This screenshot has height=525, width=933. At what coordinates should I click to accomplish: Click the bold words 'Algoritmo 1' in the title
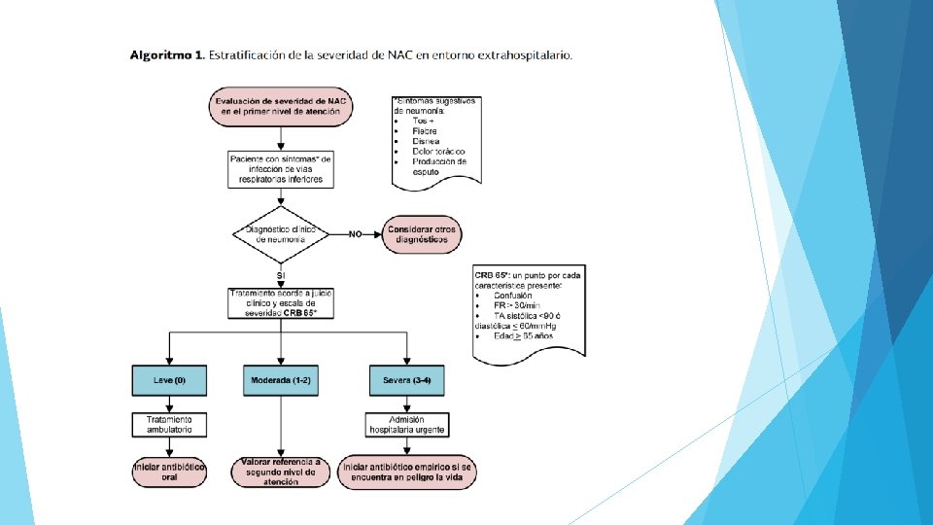tap(166, 54)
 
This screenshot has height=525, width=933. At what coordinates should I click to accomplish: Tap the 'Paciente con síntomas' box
tap(280, 168)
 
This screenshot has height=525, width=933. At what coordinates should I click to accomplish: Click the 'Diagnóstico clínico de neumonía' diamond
tap(280, 234)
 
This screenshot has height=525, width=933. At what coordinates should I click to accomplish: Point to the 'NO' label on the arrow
tap(355, 234)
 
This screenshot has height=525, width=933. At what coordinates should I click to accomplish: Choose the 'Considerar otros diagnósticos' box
tap(422, 234)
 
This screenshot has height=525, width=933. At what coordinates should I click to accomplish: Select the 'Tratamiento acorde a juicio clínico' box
tap(280, 303)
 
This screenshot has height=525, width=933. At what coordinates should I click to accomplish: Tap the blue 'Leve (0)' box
tap(169, 380)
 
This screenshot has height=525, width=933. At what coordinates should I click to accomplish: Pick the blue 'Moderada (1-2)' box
tap(280, 380)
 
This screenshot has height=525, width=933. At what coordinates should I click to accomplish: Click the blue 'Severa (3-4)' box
tap(406, 380)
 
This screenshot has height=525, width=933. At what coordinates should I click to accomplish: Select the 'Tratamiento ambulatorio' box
tap(169, 424)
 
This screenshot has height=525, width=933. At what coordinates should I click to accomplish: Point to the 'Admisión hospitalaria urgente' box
tap(406, 424)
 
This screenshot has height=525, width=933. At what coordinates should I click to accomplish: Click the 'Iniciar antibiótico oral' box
tap(169, 472)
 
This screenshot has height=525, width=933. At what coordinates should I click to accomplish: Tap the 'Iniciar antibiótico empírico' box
tap(406, 472)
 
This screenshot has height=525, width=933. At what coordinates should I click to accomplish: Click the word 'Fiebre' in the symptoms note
tap(424, 130)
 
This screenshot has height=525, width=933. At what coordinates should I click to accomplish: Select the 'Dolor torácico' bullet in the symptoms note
tap(438, 151)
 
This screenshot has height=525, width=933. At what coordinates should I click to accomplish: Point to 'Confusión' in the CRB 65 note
tap(513, 296)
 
